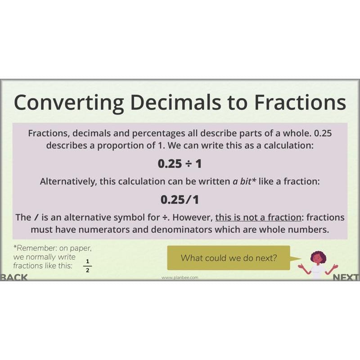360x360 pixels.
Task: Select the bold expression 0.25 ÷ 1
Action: [180, 164]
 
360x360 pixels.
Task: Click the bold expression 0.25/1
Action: [180, 199]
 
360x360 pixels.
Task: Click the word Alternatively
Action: [67, 182]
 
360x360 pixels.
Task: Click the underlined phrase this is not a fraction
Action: [258, 217]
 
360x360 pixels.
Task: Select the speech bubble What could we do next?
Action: [229, 258]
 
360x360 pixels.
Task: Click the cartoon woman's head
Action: [318, 258]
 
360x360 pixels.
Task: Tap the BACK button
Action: [13, 277]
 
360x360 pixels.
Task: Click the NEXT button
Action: [346, 277]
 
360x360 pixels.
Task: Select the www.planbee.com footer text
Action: [180, 278]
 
